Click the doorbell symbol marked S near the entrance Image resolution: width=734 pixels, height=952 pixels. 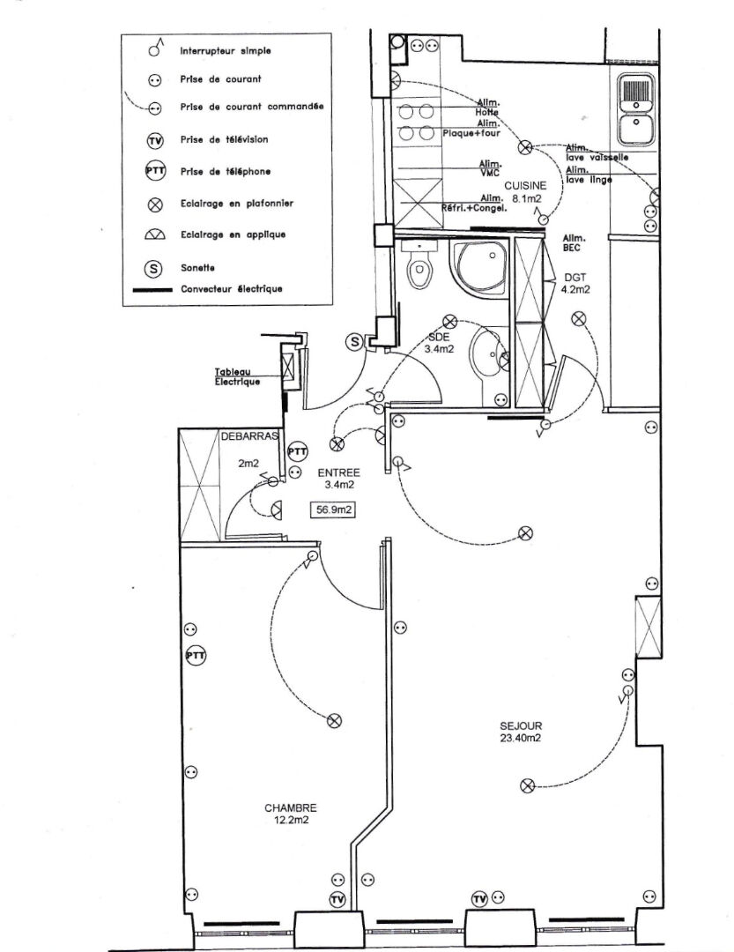point(354,341)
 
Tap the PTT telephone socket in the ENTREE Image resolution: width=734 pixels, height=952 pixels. point(298,451)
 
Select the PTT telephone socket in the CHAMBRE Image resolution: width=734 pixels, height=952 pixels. point(195,656)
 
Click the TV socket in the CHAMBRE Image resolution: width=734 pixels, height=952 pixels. point(336,900)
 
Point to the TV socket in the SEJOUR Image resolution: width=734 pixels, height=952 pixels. point(479,899)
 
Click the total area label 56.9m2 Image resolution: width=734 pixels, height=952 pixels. point(335,508)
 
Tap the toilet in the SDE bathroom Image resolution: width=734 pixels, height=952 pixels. point(420,264)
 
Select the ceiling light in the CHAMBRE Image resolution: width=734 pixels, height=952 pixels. point(334,721)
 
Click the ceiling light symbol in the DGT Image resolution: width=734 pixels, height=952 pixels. point(579,318)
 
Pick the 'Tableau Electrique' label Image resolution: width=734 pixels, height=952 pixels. point(238,377)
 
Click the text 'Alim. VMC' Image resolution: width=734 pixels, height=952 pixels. point(491,168)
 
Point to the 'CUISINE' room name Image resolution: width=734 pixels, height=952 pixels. point(525,186)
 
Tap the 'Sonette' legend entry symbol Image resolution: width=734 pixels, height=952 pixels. point(155,268)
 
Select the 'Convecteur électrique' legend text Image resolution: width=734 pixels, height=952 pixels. point(231,289)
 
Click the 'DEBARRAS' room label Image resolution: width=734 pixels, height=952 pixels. point(250,436)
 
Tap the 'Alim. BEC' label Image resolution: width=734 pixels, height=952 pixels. point(575,243)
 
